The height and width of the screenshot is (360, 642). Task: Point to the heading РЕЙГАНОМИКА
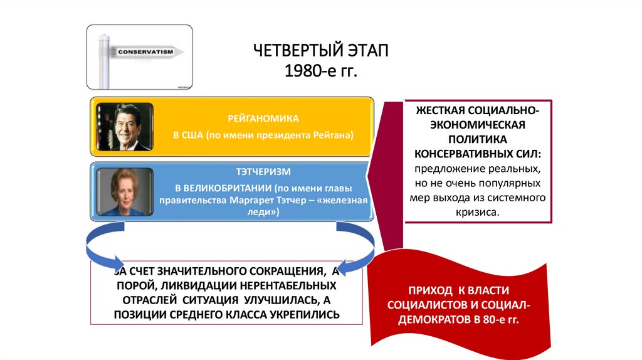point(263,118)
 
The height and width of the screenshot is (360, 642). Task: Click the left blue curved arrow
point(100,247)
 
